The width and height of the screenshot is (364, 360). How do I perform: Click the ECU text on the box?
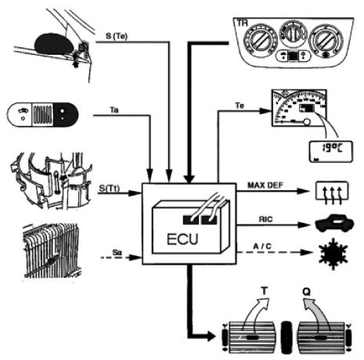tap(182, 239)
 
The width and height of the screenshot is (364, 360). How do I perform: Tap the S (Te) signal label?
tap(117, 36)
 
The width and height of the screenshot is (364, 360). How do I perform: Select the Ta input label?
tap(114, 110)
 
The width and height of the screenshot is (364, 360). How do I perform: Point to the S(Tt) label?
tap(110, 189)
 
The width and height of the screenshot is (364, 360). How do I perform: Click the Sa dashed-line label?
tap(117, 253)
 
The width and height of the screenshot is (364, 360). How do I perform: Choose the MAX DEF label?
tap(265, 185)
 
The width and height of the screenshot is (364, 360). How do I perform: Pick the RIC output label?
tap(265, 219)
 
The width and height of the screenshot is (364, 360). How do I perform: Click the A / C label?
tap(262, 246)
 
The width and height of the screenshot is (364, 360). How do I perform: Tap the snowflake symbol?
tap(333, 254)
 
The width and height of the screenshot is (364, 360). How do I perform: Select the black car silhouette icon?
tap(334, 223)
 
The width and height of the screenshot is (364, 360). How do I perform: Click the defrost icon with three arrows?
tap(332, 192)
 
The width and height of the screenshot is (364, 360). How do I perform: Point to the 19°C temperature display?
tap(331, 152)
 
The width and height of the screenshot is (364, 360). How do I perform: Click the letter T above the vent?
tap(265, 290)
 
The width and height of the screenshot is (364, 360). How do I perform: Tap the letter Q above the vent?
tap(307, 291)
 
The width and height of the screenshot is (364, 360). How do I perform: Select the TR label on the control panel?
tap(242, 23)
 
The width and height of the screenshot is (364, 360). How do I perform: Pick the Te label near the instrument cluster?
tap(240, 106)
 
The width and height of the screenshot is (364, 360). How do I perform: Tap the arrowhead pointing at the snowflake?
tap(307, 252)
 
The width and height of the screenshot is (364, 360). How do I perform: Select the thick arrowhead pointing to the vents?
tap(211, 336)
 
